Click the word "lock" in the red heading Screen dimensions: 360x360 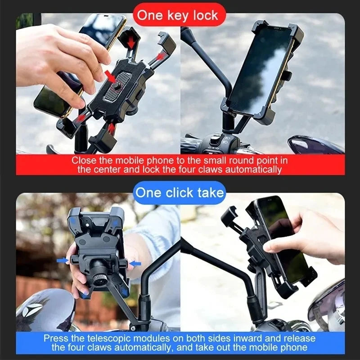coord(205,15)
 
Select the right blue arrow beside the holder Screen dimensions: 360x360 coord(135,263)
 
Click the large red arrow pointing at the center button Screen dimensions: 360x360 coord(111,76)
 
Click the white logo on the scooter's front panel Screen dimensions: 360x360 coord(34,309)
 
